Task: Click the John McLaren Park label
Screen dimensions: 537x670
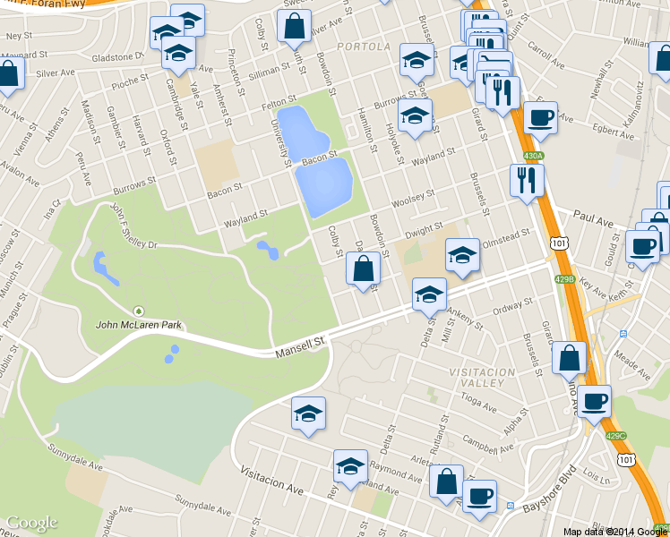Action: click(139, 323)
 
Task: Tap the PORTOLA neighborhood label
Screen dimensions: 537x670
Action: click(365, 46)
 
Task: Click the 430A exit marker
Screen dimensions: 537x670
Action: click(534, 156)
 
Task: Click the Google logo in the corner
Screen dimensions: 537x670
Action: click(31, 523)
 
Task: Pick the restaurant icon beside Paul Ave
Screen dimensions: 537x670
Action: click(526, 180)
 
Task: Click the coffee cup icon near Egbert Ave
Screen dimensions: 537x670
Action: click(540, 117)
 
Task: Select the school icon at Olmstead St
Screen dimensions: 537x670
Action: click(462, 255)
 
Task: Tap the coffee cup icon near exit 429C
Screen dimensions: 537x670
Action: click(594, 401)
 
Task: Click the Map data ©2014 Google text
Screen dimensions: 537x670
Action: click(615, 532)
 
